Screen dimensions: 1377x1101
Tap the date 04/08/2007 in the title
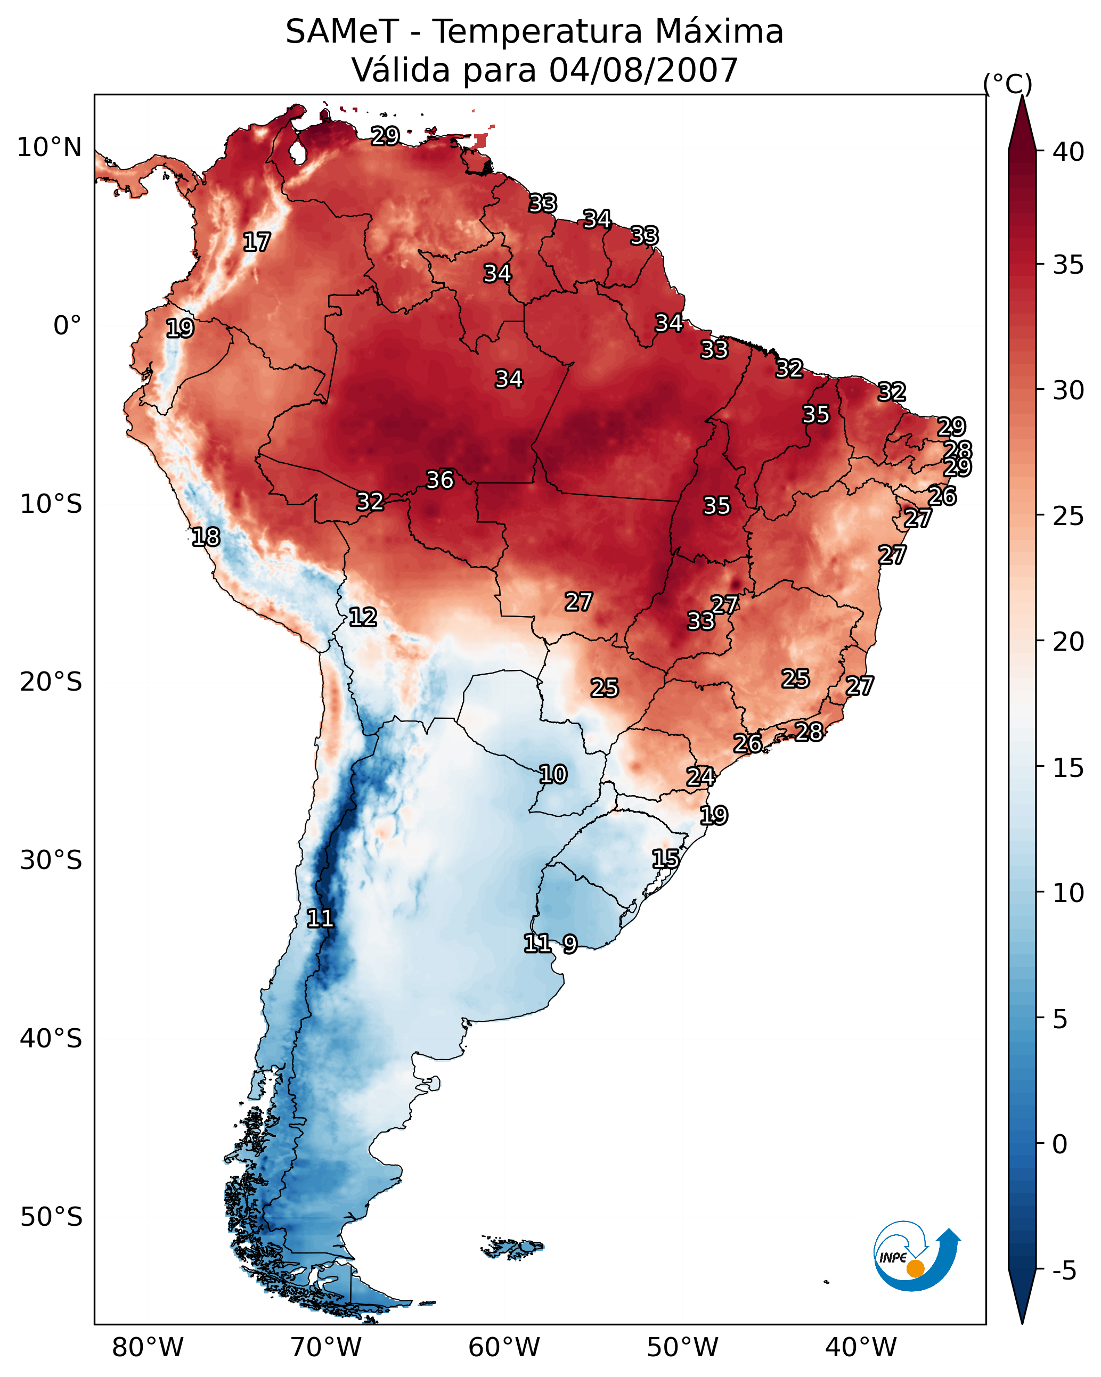(x=643, y=70)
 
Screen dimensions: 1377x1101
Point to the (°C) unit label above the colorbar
(x=1007, y=84)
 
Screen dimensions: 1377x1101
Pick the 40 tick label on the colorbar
(x=1068, y=152)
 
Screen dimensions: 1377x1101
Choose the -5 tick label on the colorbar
(x=1063, y=1271)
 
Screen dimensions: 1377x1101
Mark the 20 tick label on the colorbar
(x=1068, y=641)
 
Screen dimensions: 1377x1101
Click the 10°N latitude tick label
(x=49, y=147)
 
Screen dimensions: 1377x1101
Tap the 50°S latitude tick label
(x=51, y=1217)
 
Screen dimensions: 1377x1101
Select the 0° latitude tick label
(x=67, y=326)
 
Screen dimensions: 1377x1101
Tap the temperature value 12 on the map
(x=362, y=617)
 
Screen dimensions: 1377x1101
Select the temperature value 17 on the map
(x=256, y=242)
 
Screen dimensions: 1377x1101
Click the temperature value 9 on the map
(x=570, y=944)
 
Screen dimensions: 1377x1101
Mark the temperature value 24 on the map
(x=700, y=777)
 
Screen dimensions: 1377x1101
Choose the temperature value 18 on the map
(x=206, y=537)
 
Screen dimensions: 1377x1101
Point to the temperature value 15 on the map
(x=665, y=859)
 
